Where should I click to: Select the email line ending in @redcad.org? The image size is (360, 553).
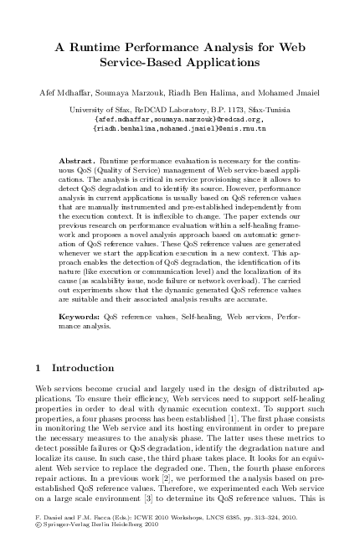[179, 119]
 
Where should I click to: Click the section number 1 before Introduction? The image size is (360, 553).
[39, 368]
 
